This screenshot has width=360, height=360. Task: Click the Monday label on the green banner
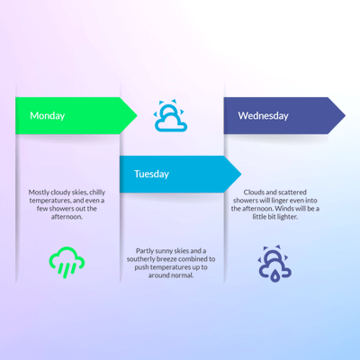click(48, 116)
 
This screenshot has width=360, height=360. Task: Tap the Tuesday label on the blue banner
click(151, 174)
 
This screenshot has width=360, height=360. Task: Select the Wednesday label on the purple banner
click(264, 116)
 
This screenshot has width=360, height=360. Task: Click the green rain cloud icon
click(67, 263)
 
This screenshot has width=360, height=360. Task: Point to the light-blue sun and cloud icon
click(170, 116)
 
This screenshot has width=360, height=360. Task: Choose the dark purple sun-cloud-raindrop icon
click(274, 264)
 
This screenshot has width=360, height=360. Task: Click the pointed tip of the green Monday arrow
click(137, 115)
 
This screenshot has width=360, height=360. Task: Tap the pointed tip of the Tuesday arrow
click(241, 174)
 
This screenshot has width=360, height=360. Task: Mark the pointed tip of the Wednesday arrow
click(346, 115)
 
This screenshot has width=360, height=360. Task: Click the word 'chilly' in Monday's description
click(97, 193)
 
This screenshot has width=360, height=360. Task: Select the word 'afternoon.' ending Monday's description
click(67, 217)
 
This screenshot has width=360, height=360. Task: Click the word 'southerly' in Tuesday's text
click(140, 259)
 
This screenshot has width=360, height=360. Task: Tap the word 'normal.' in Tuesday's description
click(183, 275)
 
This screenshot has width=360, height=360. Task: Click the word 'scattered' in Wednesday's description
click(292, 192)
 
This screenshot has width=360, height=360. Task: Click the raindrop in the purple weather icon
click(274, 275)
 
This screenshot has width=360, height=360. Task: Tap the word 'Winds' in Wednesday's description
click(284, 209)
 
